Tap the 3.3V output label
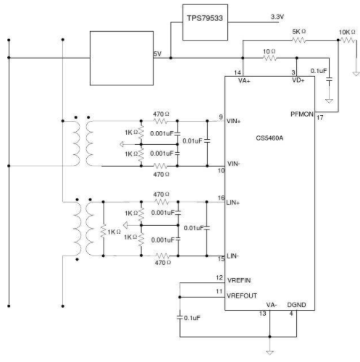coord(277,17)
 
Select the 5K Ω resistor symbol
coord(299,40)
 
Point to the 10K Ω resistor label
coord(347,32)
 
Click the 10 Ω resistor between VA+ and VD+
coord(269,58)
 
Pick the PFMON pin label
coord(302,114)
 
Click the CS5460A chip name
coord(269,138)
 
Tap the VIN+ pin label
coord(233,121)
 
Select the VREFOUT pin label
coord(242,295)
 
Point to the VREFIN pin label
coord(239,280)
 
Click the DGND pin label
coord(296,305)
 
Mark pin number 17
coord(320,118)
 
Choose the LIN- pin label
coord(233,256)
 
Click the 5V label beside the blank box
coord(157,54)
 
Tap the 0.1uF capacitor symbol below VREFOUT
coord(180,318)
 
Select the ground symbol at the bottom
coord(269,352)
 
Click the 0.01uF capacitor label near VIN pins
coord(192,141)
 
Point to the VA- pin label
coord(272,305)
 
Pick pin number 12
coord(219,277)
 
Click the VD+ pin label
coord(298,80)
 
